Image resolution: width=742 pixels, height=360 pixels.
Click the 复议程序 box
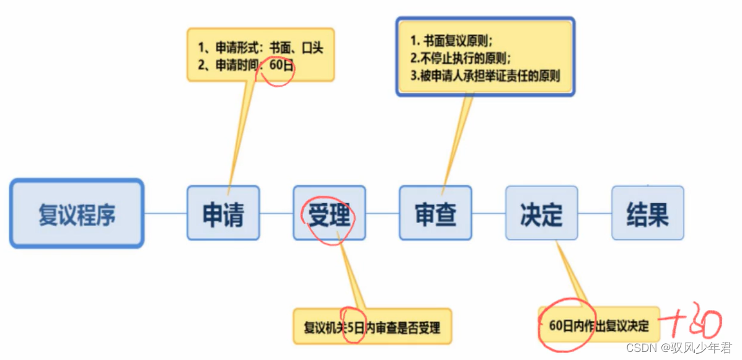(x=77, y=214)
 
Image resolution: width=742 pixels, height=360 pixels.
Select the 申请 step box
(x=223, y=214)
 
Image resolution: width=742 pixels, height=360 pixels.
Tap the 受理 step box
(x=329, y=214)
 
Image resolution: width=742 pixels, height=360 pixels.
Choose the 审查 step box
(x=435, y=214)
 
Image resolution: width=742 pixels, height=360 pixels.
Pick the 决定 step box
(x=542, y=214)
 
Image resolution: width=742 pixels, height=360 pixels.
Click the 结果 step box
(x=648, y=214)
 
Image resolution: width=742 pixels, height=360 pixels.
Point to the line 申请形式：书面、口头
(x=261, y=48)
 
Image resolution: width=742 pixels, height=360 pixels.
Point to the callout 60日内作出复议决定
(x=599, y=325)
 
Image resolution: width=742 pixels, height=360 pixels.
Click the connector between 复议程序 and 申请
(x=166, y=214)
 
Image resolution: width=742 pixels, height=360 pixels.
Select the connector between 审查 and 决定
(x=488, y=214)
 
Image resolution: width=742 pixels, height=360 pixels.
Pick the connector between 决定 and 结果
(x=595, y=214)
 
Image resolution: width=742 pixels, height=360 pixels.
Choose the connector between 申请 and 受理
(x=276, y=214)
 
